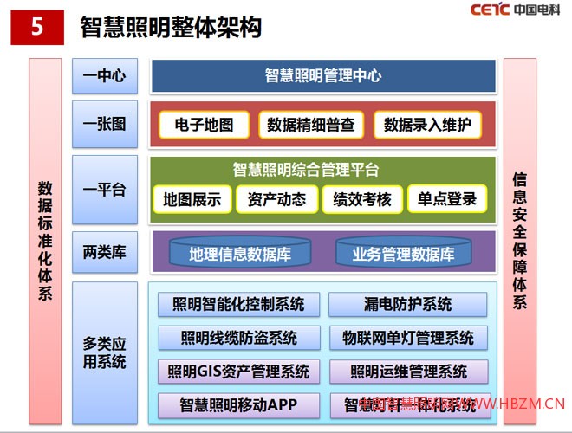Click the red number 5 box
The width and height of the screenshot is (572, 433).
(x=36, y=26)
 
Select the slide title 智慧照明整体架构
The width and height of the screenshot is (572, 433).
(x=171, y=28)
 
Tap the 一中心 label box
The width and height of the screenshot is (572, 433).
(x=104, y=76)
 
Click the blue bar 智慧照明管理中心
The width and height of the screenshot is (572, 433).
(x=323, y=76)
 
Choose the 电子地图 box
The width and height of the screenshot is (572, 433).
(x=204, y=125)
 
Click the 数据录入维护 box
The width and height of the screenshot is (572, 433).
(x=427, y=125)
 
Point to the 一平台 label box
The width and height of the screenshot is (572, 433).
(x=104, y=190)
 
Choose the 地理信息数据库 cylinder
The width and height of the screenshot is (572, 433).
(x=239, y=254)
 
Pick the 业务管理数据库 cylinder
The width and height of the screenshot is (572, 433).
(x=403, y=254)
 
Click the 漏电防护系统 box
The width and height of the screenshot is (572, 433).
(x=408, y=304)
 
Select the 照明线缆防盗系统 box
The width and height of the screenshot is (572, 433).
(x=239, y=337)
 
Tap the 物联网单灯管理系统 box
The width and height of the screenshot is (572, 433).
(x=408, y=337)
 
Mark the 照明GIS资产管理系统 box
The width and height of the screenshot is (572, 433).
(x=239, y=372)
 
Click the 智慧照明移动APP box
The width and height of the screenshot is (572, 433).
(x=239, y=404)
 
